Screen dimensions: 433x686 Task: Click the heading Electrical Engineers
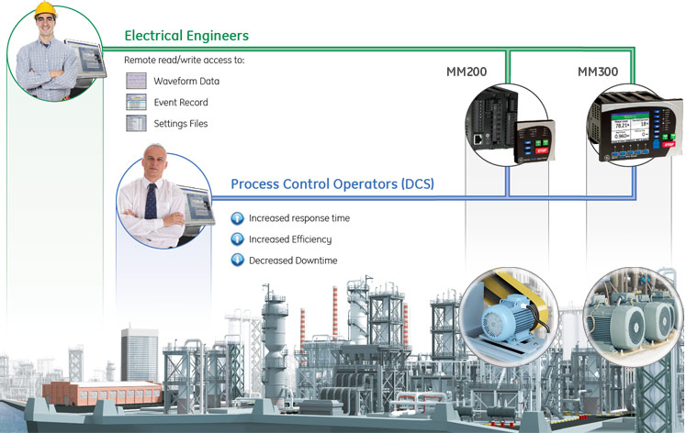point(186,37)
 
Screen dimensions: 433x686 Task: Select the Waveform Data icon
point(136,81)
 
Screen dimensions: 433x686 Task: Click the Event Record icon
point(136,102)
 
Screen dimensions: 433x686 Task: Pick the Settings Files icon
point(136,123)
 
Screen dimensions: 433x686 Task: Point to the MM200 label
point(467,71)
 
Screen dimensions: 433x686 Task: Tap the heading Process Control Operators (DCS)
point(332,184)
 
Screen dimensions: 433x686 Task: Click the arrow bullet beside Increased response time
point(236,218)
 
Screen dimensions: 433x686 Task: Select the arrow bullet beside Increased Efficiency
point(236,239)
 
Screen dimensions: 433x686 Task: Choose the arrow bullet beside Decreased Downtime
point(236,261)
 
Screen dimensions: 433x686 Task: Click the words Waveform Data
point(186,82)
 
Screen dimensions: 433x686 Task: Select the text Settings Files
point(181,124)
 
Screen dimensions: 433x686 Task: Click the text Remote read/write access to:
point(185,60)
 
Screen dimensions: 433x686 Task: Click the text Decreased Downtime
point(293,261)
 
